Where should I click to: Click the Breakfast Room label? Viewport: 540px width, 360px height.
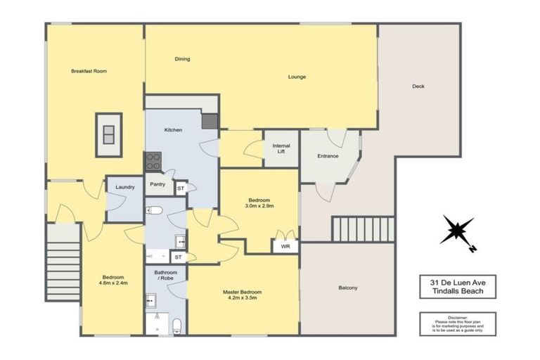[x=88, y=71]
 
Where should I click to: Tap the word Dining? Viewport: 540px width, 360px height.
[x=182, y=59]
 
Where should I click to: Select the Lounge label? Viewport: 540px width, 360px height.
[x=297, y=77]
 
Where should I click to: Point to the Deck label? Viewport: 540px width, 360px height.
[x=418, y=86]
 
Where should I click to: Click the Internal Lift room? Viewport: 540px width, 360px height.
[x=281, y=148]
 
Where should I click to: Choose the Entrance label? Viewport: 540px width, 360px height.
[x=328, y=155]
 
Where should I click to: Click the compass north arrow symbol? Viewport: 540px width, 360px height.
[x=457, y=231]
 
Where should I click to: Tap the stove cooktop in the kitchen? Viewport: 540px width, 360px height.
[x=153, y=161]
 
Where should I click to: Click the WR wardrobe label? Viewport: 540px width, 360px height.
[x=285, y=247]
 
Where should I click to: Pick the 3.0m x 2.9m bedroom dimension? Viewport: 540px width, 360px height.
[x=259, y=206]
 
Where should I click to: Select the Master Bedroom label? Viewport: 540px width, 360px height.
[x=242, y=291]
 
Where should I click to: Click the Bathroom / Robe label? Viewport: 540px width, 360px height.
[x=165, y=276]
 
